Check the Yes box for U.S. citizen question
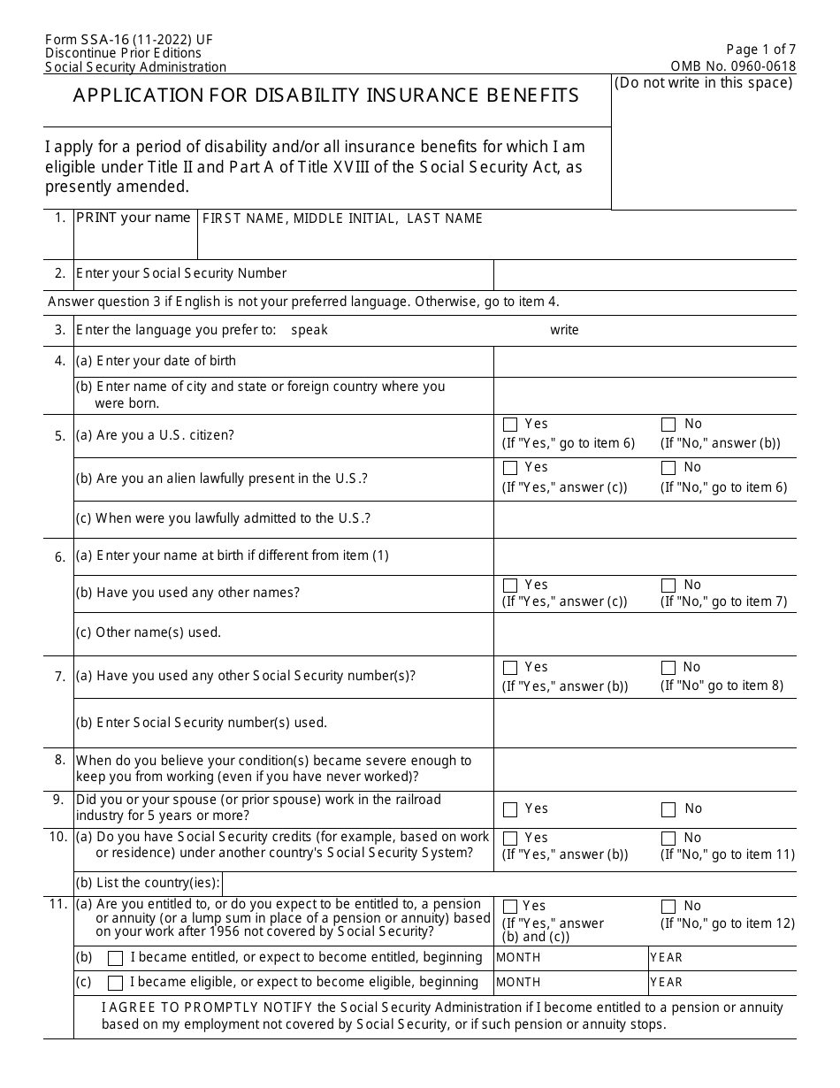[510, 425]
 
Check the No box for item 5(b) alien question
[668, 468]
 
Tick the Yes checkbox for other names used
[510, 586]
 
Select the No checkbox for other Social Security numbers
[668, 668]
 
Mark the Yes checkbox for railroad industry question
[510, 809]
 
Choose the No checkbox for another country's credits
[668, 838]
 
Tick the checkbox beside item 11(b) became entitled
[115, 958]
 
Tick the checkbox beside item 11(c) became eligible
[115, 983]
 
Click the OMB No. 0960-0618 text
[734, 66]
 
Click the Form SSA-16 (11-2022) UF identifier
[128, 40]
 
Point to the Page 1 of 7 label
[760, 50]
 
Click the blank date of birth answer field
[644, 362]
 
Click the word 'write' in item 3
[564, 330]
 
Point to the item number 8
[59, 760]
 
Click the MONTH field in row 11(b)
[570, 958]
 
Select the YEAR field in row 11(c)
[721, 983]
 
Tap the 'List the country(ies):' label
[148, 883]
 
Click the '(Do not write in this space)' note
[704, 83]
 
